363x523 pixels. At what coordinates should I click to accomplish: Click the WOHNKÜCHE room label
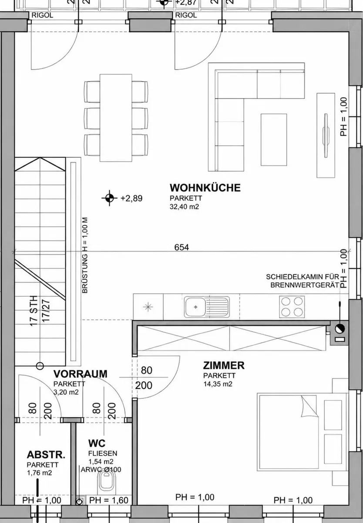pyautogui.click(x=205, y=188)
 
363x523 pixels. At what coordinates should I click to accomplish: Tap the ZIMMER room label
pyautogui.click(x=224, y=366)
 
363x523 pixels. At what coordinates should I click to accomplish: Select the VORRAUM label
pyautogui.click(x=81, y=374)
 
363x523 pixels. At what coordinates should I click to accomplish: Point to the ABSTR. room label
pyautogui.click(x=46, y=455)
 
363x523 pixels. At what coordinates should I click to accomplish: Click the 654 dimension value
pyautogui.click(x=181, y=247)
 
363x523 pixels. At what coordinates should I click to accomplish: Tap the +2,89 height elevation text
pyautogui.click(x=131, y=198)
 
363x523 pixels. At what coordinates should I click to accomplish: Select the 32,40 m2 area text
pyautogui.click(x=184, y=207)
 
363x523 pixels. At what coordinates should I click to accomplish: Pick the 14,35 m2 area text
pyautogui.click(x=218, y=384)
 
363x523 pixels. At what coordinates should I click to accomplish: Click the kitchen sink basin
pyautogui.click(x=195, y=307)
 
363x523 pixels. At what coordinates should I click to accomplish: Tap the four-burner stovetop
pyautogui.click(x=292, y=307)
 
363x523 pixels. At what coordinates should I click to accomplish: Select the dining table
pyautogui.click(x=116, y=118)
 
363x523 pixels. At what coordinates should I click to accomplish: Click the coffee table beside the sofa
pyautogui.click(x=274, y=139)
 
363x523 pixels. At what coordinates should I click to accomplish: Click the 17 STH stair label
pyautogui.click(x=34, y=311)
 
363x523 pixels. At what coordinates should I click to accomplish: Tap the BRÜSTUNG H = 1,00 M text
pyautogui.click(x=85, y=255)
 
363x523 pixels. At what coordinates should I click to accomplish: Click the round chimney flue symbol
pyautogui.click(x=339, y=329)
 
